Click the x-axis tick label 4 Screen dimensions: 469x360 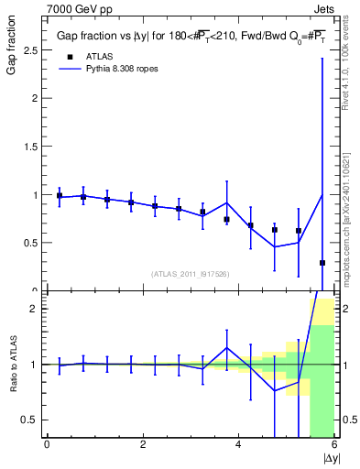[x=239, y=445]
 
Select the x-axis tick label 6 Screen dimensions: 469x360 [x=334, y=445]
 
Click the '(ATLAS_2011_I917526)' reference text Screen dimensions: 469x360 [x=190, y=274]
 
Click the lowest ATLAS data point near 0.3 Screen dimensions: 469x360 [x=322, y=263]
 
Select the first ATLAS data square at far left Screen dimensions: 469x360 [x=60, y=196]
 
